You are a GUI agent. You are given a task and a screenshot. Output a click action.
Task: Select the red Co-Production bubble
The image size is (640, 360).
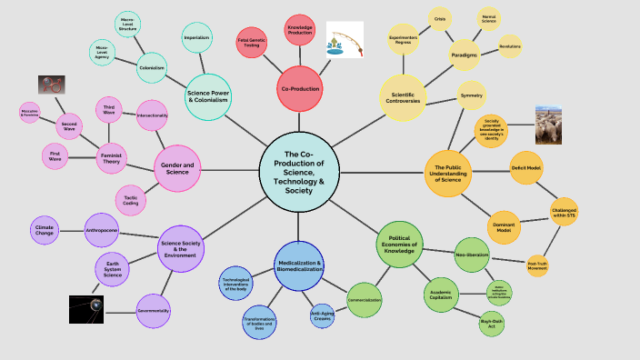coord(300,88)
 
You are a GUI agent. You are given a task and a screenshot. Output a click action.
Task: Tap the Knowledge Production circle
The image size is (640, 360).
coord(300,30)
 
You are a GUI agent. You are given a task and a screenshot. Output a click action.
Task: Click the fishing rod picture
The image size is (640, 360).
coord(345,40)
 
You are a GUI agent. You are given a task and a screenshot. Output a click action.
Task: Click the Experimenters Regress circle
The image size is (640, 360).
coord(403,39)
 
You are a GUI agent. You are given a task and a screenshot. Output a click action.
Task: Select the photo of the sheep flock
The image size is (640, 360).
coord(554,125)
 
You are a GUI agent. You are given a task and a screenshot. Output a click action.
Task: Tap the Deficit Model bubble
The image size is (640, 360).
coord(526,167)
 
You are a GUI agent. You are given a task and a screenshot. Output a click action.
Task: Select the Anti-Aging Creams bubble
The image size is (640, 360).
coord(323,316)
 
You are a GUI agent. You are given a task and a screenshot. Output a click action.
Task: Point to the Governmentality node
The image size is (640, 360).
coord(154,310)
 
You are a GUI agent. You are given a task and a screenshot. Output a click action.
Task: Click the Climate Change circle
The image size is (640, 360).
coord(45,230)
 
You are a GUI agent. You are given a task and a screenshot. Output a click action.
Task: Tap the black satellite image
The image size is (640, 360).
coord(85,309)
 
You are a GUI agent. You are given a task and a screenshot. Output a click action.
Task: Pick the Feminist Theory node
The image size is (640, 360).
coord(112,158)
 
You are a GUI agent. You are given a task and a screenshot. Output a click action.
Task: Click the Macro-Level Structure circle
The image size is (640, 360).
coord(127,24)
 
